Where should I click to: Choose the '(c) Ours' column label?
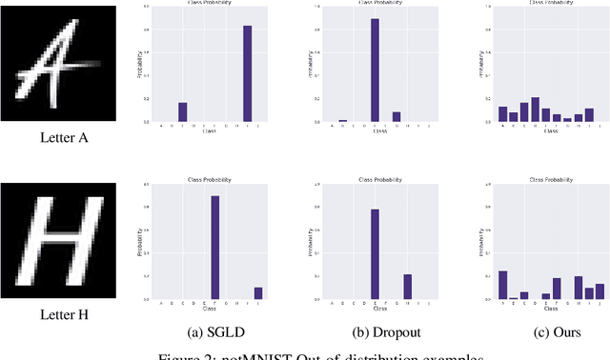coord(546,331)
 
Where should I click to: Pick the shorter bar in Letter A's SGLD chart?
coord(183,111)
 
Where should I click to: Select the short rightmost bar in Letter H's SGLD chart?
coord(257,293)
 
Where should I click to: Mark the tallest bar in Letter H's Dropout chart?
coord(375,253)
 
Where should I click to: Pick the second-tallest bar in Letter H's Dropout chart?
coord(407,287)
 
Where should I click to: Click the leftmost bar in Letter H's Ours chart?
coord(502,285)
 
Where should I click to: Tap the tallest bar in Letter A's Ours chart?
coord(535,110)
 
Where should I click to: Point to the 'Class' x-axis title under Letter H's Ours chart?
coord(551,309)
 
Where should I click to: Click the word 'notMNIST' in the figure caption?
coord(251,355)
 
